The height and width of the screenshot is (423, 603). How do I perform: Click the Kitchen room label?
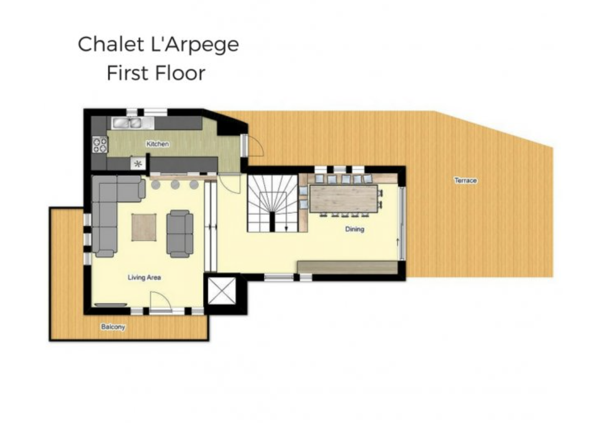157,144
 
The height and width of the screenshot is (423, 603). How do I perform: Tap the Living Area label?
144,278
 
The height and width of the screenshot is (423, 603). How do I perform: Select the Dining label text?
355,229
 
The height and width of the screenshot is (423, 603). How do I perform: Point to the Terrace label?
466,180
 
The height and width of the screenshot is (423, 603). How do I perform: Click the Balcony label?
113,327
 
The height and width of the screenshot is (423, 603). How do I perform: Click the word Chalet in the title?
111,45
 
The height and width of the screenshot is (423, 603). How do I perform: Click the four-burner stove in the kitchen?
100,145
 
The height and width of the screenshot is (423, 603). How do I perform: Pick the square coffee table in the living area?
144,227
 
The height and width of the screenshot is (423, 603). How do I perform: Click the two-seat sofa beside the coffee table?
180,234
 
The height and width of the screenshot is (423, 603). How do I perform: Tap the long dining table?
344,198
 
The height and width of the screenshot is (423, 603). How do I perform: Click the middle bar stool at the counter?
175,184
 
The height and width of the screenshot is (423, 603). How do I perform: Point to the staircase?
273,203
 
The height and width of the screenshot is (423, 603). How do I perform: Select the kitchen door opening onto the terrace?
253,145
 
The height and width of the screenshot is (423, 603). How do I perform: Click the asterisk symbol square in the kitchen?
138,164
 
